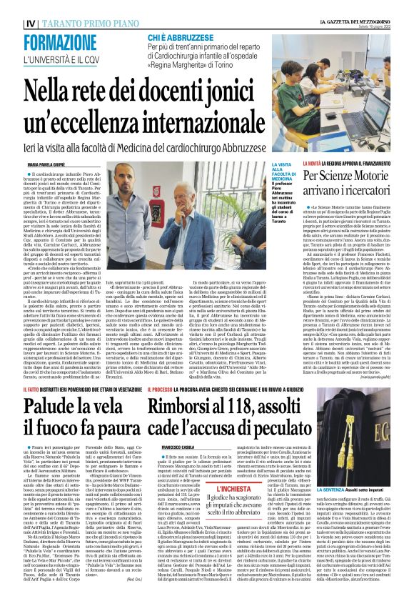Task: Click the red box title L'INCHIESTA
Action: click(x=227, y=489)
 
